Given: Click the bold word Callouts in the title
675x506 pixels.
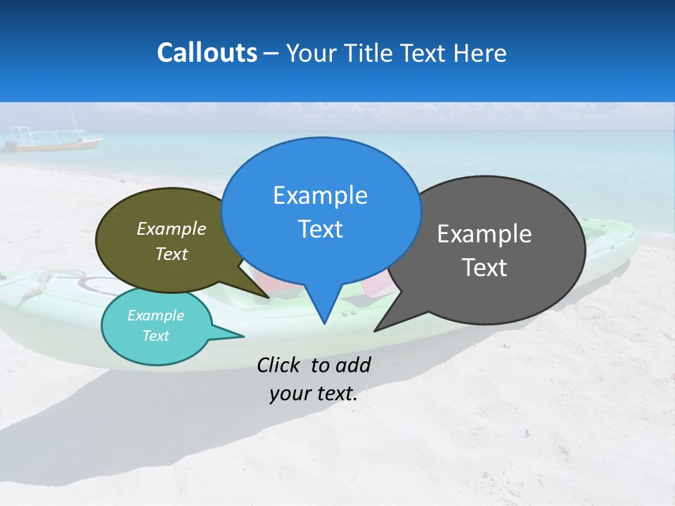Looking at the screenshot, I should click(x=207, y=53).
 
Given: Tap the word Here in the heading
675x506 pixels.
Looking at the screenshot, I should click(x=480, y=53).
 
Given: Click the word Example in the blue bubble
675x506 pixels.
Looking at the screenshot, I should click(x=320, y=195).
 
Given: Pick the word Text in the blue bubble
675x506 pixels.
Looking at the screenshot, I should click(x=320, y=229).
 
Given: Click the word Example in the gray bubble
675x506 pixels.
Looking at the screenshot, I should click(x=484, y=234).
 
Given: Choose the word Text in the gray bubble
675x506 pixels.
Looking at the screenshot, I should click(x=484, y=268).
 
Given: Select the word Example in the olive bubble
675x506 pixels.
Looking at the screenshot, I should click(x=172, y=228).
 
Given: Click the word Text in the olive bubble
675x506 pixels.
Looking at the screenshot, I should click(x=172, y=254).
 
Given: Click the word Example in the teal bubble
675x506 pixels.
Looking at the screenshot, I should click(x=155, y=316).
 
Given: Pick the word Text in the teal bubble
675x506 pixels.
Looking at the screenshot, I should click(x=155, y=336).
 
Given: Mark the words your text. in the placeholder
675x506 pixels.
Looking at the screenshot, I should click(x=314, y=394).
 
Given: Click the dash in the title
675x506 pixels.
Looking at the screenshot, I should click(x=271, y=53).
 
